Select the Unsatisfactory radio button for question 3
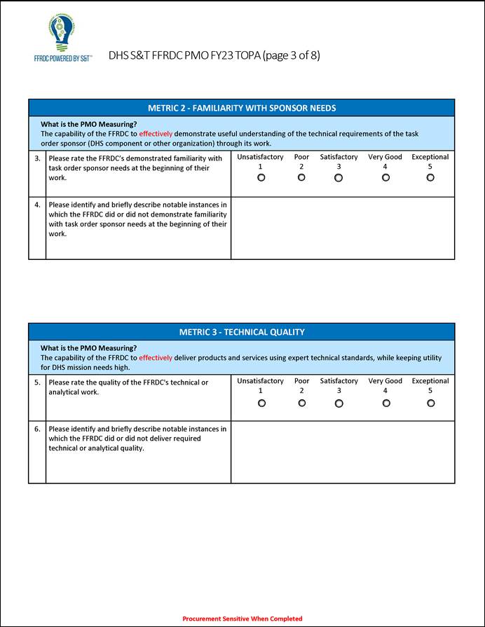(261, 178)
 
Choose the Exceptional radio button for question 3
(430, 178)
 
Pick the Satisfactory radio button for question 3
(339, 178)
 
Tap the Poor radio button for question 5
(302, 403)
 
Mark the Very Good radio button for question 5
(385, 403)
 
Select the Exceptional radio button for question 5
(430, 403)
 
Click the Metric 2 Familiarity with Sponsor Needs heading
(242, 108)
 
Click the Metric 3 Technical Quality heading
(242, 332)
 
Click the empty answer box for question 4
(343, 228)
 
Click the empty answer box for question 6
(343, 453)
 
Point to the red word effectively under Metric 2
(156, 133)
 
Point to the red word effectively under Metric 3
(156, 357)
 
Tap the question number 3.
(37, 158)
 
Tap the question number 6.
(37, 429)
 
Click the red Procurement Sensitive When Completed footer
(242, 619)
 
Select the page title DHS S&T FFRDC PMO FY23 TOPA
(214, 55)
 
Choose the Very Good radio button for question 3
(385, 178)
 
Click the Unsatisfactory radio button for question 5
(261, 403)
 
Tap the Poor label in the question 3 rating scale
(301, 157)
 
